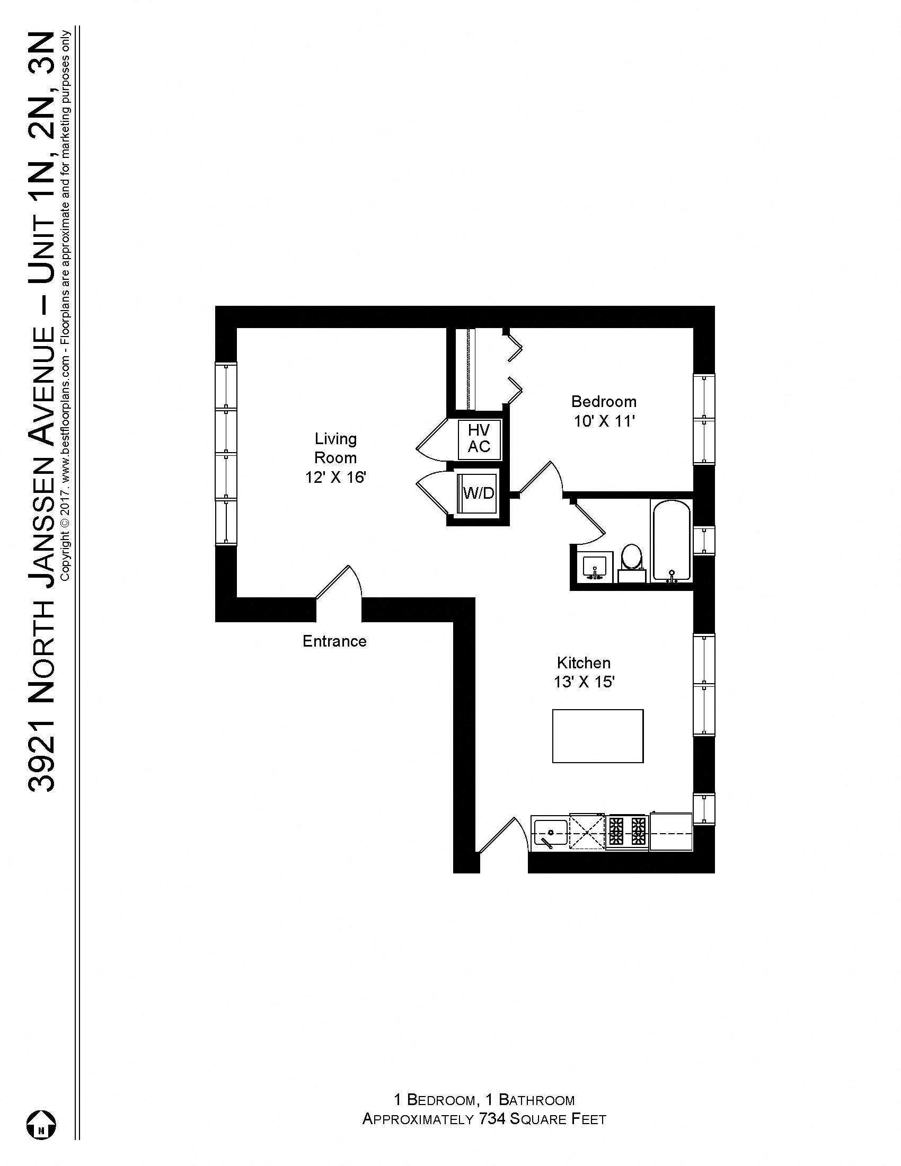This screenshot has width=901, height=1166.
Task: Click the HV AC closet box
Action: (479, 439)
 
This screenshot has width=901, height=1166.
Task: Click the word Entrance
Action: (334, 641)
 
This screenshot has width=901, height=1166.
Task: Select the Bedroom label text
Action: (604, 402)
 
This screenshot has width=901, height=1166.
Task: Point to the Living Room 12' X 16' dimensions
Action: (335, 477)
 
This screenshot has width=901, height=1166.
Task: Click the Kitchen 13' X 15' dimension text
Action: (584, 682)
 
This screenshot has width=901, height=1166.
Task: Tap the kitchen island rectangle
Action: (597, 736)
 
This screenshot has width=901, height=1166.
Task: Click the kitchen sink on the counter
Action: (550, 833)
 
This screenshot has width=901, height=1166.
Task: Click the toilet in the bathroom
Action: (632, 559)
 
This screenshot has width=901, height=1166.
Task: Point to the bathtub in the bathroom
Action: (670, 539)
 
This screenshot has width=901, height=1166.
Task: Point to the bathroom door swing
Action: (589, 519)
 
